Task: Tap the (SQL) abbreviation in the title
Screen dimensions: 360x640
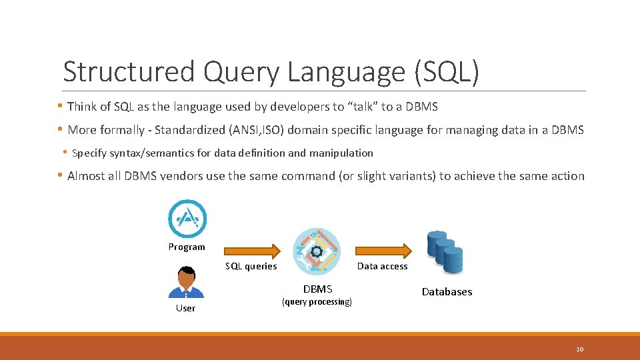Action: click(x=446, y=72)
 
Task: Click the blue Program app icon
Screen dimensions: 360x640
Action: click(x=187, y=219)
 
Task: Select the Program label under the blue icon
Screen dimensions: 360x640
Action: click(x=187, y=247)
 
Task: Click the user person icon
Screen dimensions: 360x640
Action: click(x=186, y=282)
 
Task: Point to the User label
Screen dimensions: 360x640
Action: click(x=185, y=308)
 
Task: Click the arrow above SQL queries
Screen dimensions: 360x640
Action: click(x=250, y=251)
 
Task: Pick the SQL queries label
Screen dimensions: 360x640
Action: click(x=251, y=266)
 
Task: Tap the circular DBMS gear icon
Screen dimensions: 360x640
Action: click(x=317, y=251)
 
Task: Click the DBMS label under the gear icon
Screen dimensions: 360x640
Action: click(x=317, y=289)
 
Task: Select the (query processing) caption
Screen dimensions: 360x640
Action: click(x=317, y=302)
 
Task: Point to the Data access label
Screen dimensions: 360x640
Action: click(x=382, y=266)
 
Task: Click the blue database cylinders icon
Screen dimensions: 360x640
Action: click(x=445, y=251)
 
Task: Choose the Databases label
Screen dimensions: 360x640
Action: click(x=447, y=291)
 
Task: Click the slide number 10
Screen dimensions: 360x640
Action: click(x=579, y=349)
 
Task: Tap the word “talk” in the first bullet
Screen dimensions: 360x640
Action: click(x=360, y=107)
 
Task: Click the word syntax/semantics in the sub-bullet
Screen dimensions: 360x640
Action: click(x=148, y=153)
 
